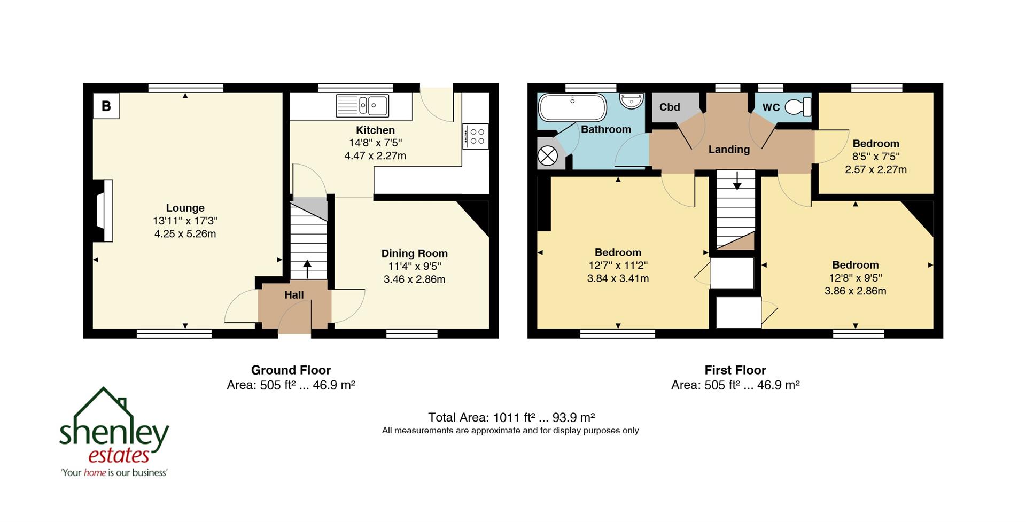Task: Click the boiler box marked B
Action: point(106,106)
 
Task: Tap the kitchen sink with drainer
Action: point(362,105)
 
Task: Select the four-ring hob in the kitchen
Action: point(475,136)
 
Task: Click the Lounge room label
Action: point(185,208)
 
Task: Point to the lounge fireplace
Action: point(104,211)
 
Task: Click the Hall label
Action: point(294,295)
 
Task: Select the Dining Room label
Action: point(414,253)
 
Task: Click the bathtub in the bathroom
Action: point(572,107)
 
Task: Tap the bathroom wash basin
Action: point(632,100)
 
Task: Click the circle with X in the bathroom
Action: point(547,156)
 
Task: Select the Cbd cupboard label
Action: point(669,107)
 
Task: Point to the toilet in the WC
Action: point(798,107)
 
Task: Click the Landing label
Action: point(729,150)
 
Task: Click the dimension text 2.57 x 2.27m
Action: point(875,169)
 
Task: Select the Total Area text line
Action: point(511,417)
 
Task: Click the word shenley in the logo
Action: point(114,433)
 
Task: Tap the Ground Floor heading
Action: point(291,370)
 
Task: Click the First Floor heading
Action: point(735,370)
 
